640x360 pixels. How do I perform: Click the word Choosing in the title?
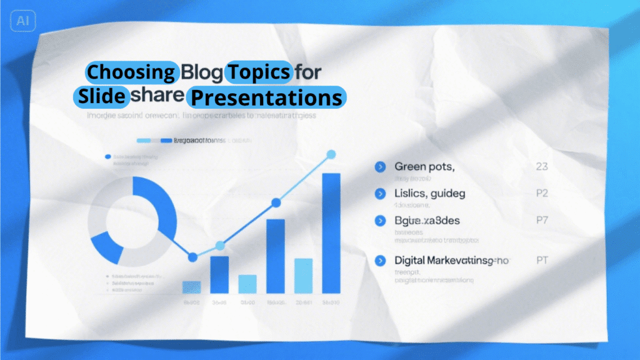point(130,72)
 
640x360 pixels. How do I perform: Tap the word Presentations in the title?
point(267,97)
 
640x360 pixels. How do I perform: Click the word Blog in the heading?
point(201,72)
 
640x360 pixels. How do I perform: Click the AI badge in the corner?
point(23,21)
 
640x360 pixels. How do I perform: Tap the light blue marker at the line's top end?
point(331,154)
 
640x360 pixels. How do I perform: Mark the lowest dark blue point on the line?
point(192,257)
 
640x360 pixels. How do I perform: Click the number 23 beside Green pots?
point(542,167)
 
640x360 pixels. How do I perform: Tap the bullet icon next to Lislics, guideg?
point(379,194)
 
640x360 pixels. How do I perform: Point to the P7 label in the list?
point(542,221)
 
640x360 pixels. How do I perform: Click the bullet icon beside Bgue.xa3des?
point(379,221)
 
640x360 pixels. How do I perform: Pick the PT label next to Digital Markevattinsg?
point(542,259)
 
